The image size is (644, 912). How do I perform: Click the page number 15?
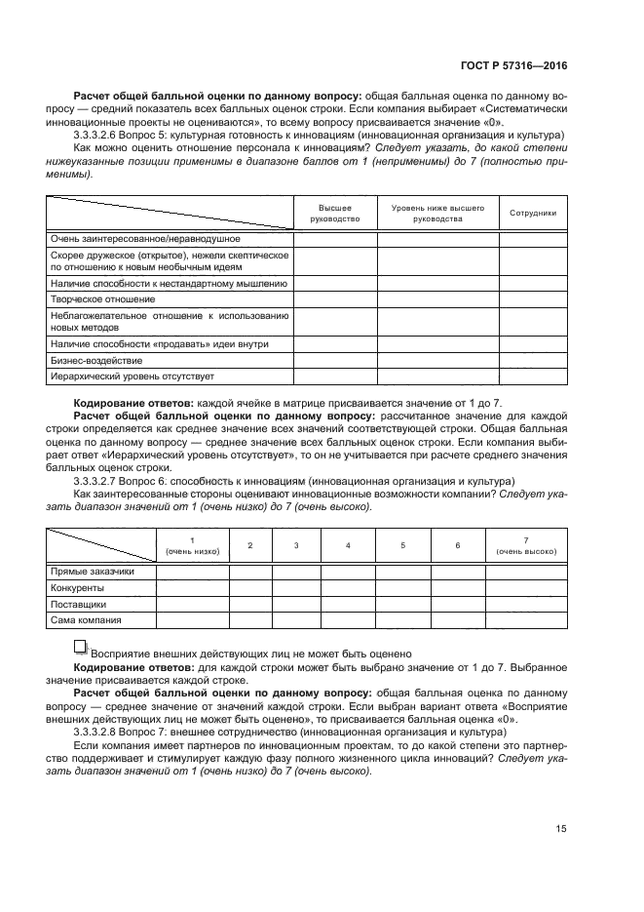pyautogui.click(x=560, y=829)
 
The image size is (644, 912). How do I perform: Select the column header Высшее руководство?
pyautogui.click(x=334, y=214)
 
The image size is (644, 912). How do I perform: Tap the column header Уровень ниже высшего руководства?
pyautogui.click(x=437, y=214)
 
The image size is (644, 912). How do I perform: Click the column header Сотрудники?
pyautogui.click(x=532, y=212)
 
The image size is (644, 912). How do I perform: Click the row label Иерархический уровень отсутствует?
pyautogui.click(x=132, y=376)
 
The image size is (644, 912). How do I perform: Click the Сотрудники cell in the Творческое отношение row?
pyautogui.click(x=532, y=298)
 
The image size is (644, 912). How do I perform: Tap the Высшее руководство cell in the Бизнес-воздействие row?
pyautogui.click(x=334, y=360)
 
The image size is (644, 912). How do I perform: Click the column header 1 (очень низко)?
pyautogui.click(x=192, y=545)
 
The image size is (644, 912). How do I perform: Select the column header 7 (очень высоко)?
pyautogui.click(x=525, y=545)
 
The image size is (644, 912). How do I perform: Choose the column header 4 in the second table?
pyautogui.click(x=348, y=545)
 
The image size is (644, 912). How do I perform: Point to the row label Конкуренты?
pyautogui.click(x=77, y=588)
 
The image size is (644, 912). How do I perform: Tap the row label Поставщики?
pyautogui.click(x=78, y=604)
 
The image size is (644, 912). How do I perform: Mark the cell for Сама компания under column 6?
pyautogui.click(x=457, y=619)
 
